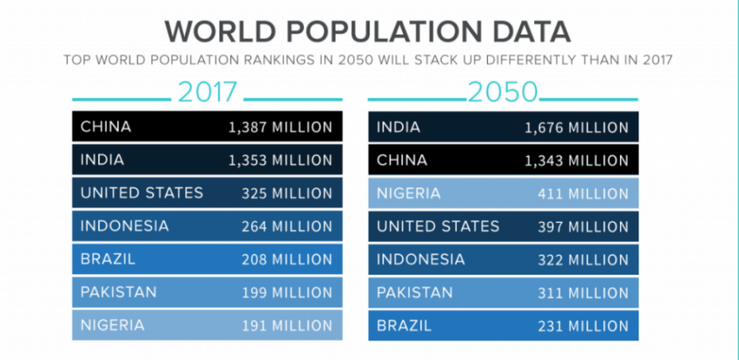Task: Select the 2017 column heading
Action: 207,92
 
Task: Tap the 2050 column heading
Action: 503,92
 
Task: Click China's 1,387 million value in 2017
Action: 280,127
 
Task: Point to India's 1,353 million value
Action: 280,161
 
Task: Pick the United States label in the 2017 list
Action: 142,193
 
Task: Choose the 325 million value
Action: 286,194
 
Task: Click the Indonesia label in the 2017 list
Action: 125,226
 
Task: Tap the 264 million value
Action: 286,226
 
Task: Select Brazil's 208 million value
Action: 286,260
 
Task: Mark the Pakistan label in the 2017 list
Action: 118,293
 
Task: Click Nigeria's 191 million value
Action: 287,326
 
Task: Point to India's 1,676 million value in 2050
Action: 576,127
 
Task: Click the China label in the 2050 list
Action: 402,161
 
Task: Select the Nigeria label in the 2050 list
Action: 408,193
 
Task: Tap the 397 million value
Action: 583,226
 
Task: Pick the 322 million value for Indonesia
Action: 583,260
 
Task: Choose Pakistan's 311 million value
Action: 583,293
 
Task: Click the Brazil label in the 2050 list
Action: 405,326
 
